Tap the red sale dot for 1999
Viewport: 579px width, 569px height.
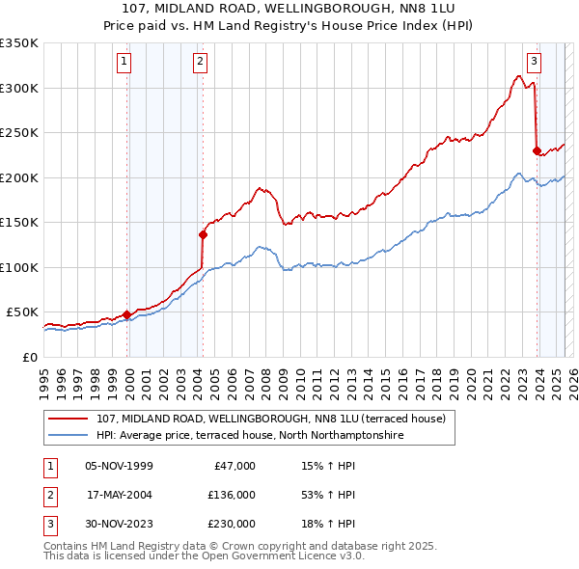(126, 314)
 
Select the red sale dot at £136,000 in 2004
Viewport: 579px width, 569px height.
(204, 234)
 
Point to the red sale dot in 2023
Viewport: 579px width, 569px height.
(537, 149)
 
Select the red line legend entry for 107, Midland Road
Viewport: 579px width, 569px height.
(270, 420)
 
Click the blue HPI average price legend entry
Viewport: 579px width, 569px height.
(248, 436)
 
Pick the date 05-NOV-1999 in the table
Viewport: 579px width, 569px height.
(119, 466)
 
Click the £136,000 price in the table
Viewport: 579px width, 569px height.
(232, 495)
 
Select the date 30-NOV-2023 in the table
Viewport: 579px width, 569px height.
(119, 524)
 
